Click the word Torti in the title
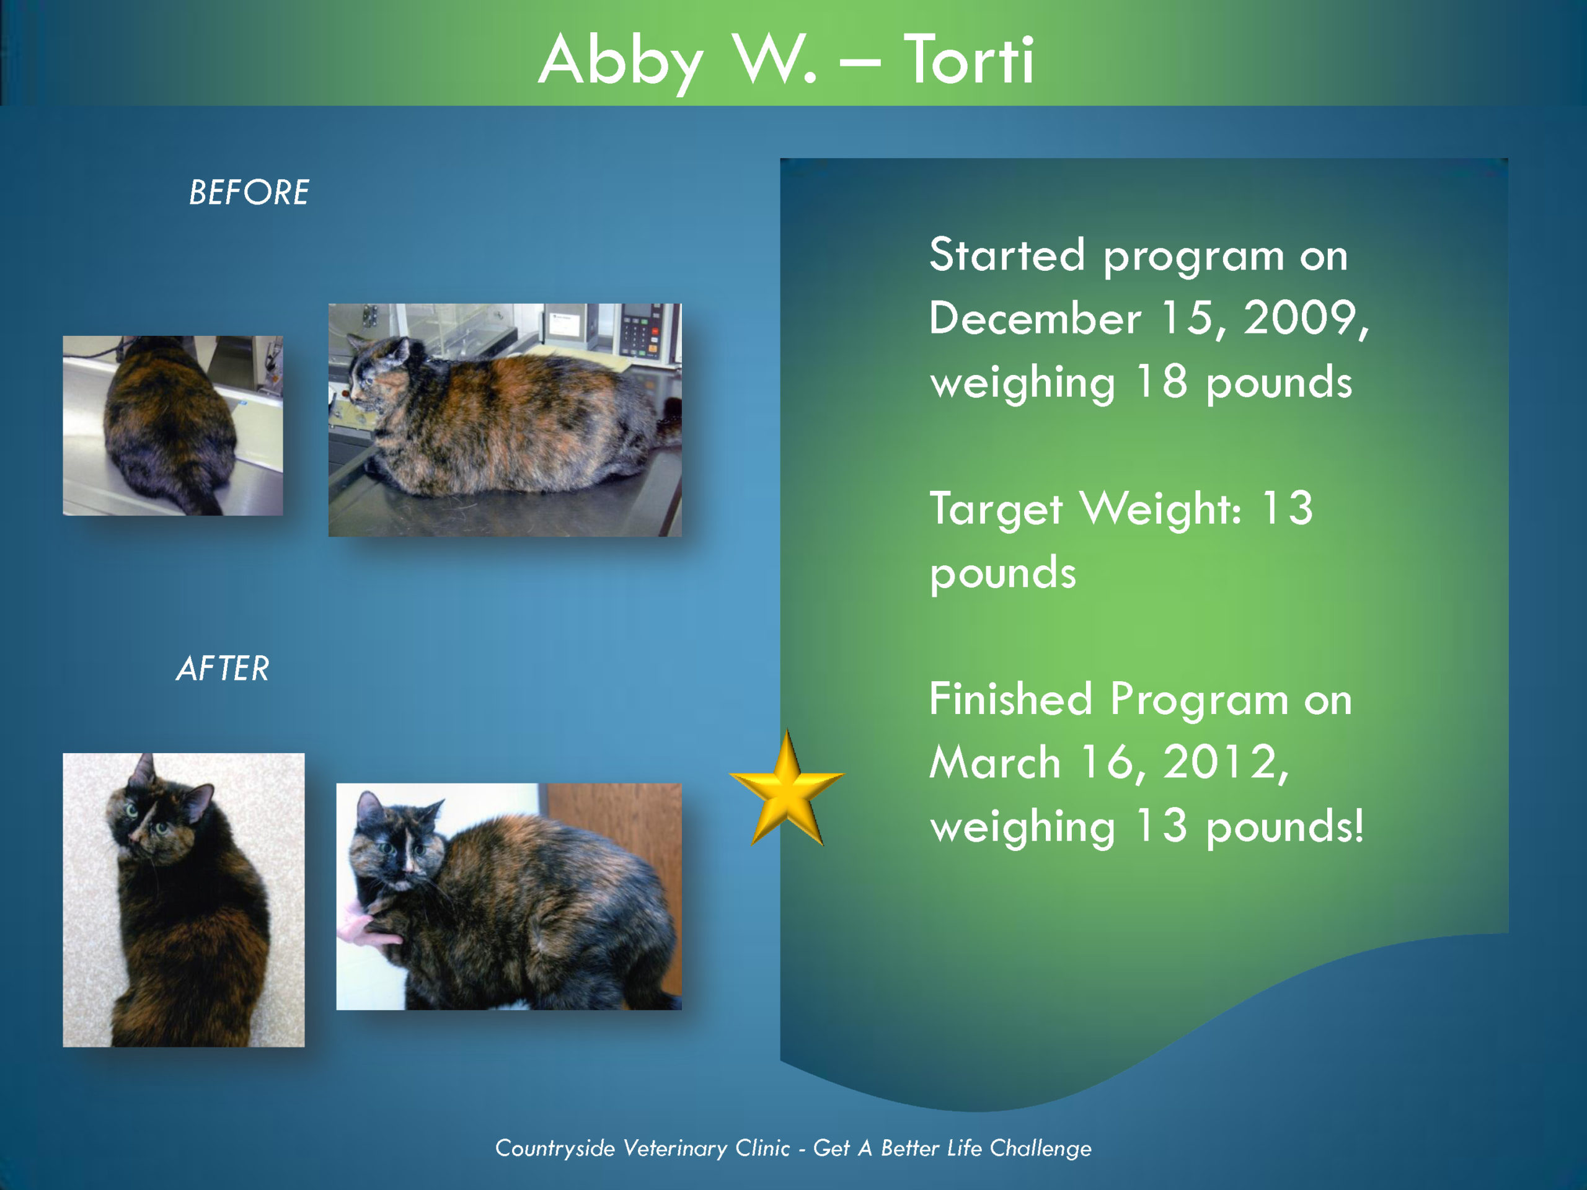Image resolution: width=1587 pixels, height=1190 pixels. [968, 60]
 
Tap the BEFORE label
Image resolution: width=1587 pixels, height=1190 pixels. [249, 192]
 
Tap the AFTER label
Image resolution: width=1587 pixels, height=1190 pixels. [223, 669]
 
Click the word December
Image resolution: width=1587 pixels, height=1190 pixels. [1035, 318]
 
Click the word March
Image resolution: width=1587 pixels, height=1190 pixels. [995, 762]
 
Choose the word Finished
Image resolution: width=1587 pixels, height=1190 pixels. [1011, 699]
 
